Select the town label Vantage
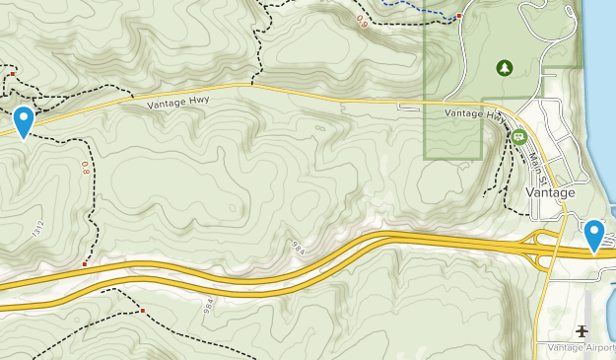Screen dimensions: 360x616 pos(550,192)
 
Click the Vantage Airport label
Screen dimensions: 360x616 pos(577,348)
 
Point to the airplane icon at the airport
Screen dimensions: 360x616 pos(582,330)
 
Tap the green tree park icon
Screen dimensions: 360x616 pos(504,68)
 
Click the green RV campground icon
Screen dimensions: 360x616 pos(518,137)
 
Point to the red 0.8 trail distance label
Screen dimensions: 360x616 pos(86,169)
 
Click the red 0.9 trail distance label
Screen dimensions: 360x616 pos(364,19)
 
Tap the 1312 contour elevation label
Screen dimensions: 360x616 pos(38,230)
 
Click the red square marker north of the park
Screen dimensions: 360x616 pos(458,16)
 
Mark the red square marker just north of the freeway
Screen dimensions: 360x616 pos(85,264)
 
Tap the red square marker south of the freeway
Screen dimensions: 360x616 pos(143,311)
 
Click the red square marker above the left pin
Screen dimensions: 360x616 pos(12,74)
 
